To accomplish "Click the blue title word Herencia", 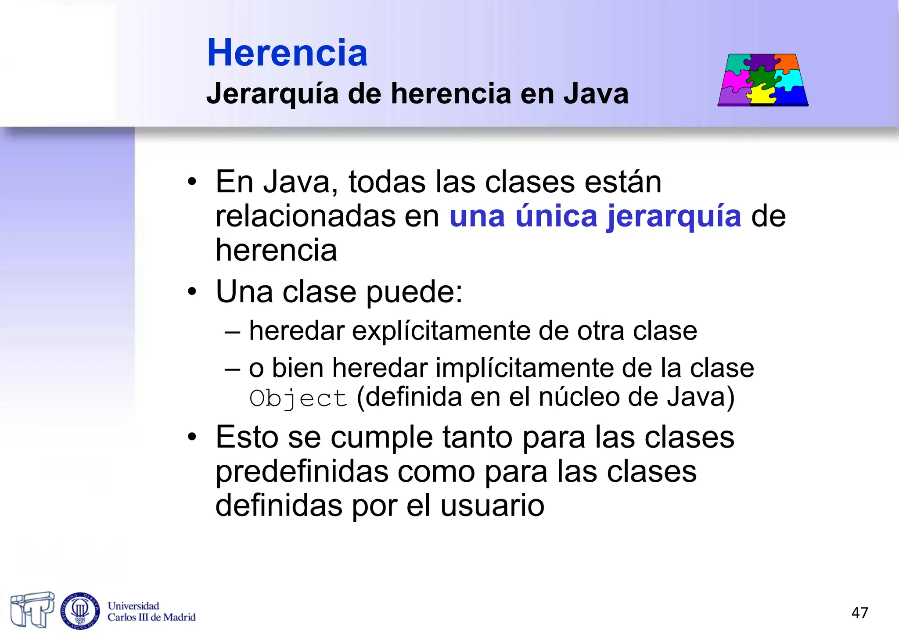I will click(287, 53).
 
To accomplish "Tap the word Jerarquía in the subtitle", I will click(272, 94).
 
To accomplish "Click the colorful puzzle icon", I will click(763, 80).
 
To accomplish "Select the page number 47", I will click(859, 613).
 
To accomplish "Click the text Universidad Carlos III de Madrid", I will click(151, 611).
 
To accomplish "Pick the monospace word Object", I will click(298, 398).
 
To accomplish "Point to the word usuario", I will click(492, 506).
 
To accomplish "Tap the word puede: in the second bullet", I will click(414, 292).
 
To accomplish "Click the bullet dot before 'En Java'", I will click(192, 182).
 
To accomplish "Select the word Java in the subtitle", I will click(596, 94).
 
